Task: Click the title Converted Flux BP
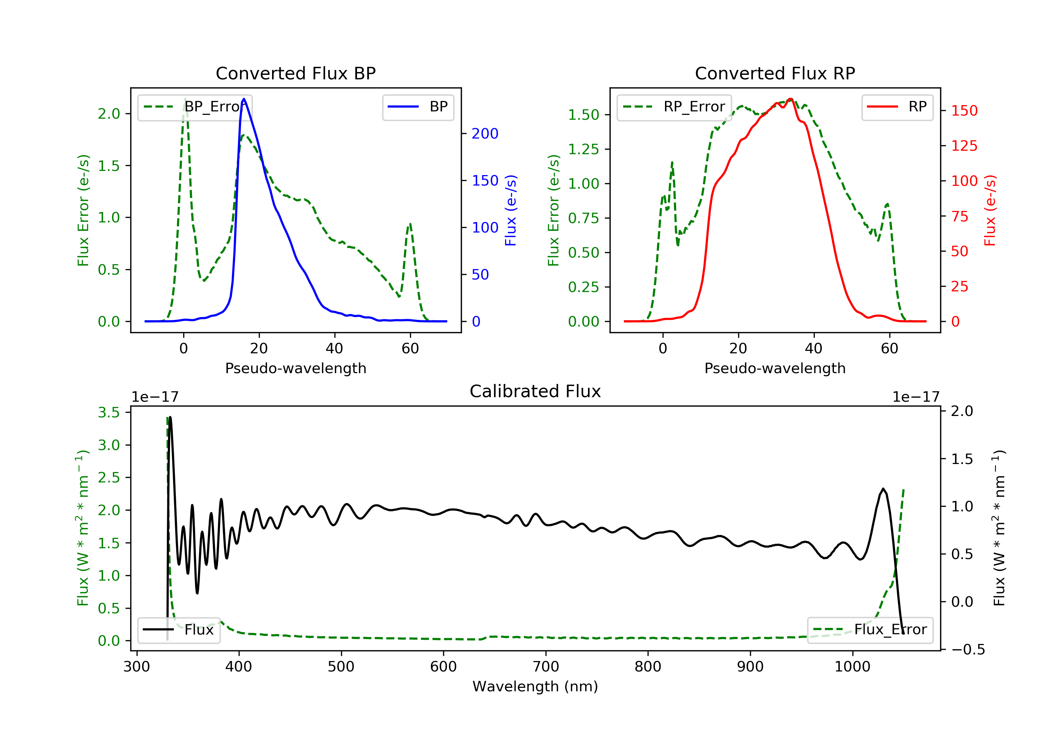click(x=295, y=73)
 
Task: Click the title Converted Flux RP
click(x=775, y=73)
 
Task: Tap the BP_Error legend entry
click(x=195, y=107)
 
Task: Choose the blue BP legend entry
click(x=418, y=107)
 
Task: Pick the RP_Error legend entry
click(x=674, y=107)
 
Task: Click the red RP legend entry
click(x=897, y=107)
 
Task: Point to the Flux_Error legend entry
click(x=870, y=630)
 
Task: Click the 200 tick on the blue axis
click(x=485, y=134)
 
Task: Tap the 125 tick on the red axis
click(x=964, y=146)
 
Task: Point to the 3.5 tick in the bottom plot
click(x=109, y=412)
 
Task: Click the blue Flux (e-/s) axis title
click(x=511, y=210)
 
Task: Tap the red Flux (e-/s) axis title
click(x=990, y=210)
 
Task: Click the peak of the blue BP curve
click(x=244, y=99)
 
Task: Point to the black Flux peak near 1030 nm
click(x=883, y=489)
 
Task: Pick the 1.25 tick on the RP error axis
click(x=583, y=149)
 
